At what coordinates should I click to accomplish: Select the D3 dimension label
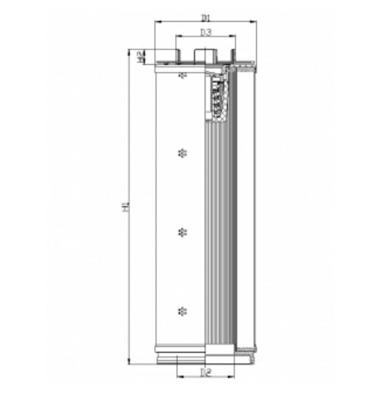205,32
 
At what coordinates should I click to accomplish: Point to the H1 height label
125,207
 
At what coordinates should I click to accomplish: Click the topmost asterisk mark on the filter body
184,74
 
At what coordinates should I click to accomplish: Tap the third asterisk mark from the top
184,231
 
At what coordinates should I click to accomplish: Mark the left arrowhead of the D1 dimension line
157,22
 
